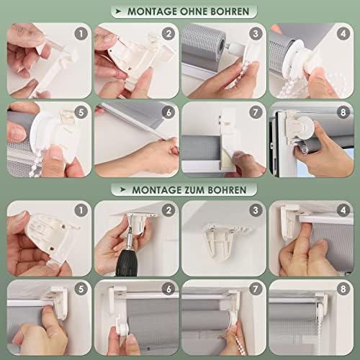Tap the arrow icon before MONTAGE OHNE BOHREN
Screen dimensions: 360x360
pyautogui.click(x=119, y=11)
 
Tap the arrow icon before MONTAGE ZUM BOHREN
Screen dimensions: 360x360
pyautogui.click(x=123, y=189)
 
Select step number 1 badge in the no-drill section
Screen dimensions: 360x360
pyautogui.click(x=81, y=34)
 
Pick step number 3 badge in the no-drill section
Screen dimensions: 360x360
pyautogui.click(x=256, y=34)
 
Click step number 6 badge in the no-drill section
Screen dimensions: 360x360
pyautogui.click(x=168, y=112)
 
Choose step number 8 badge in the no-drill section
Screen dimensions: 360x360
pyautogui.click(x=343, y=112)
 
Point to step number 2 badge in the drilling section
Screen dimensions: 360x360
pyautogui.click(x=168, y=210)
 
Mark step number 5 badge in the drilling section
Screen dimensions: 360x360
pyautogui.click(x=81, y=289)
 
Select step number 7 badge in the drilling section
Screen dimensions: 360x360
pyautogui.click(x=256, y=289)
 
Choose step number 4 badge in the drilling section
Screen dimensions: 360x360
pyautogui.click(x=343, y=210)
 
